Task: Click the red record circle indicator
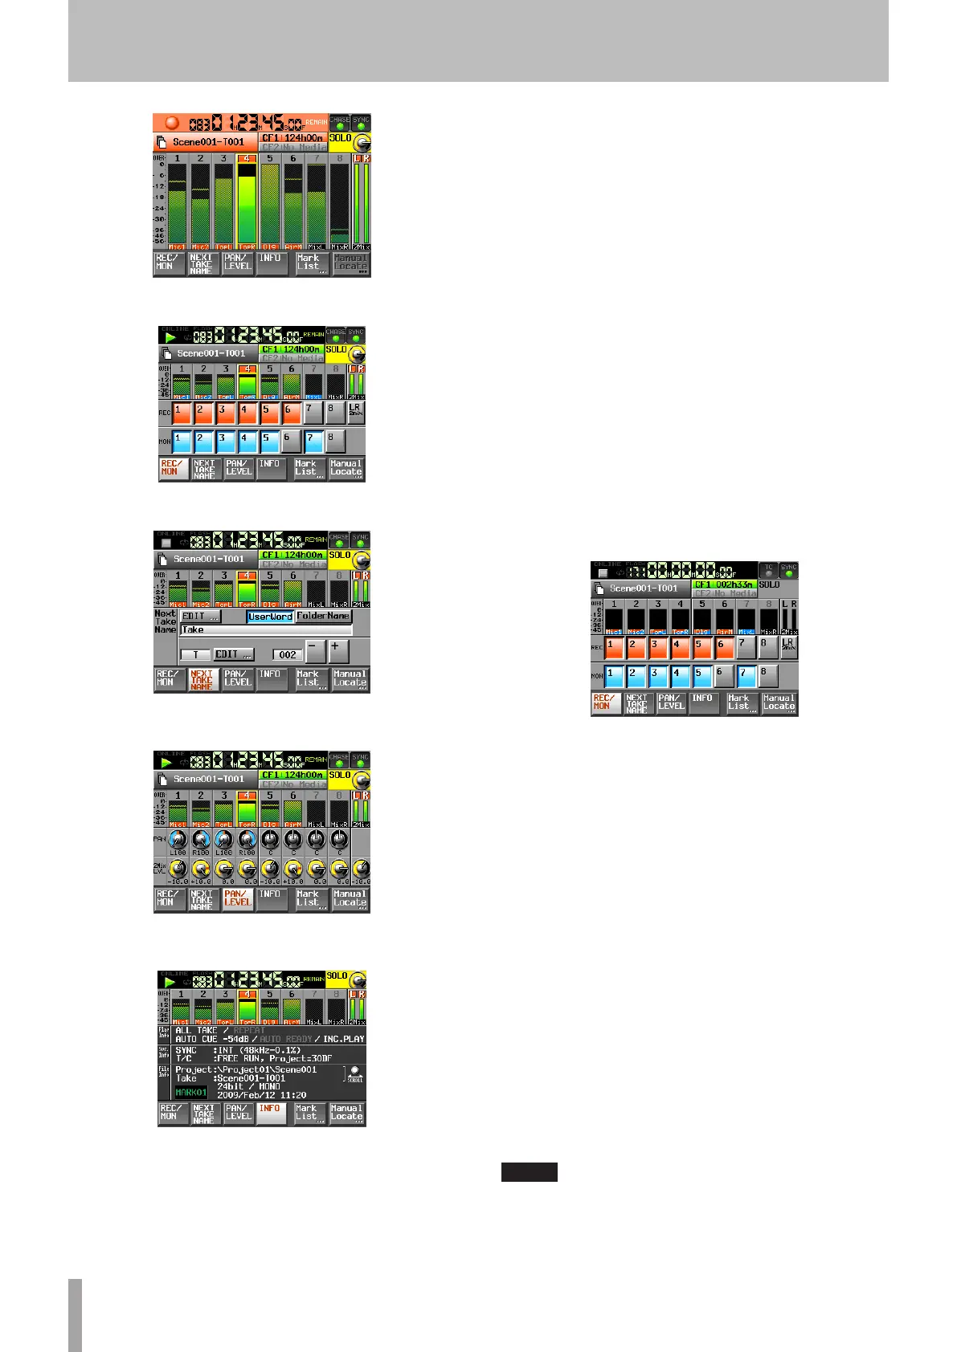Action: coord(171,123)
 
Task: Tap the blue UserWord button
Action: coord(270,617)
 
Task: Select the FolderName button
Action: coord(323,616)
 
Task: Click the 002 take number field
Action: coord(287,654)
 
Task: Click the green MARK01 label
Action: coord(190,1093)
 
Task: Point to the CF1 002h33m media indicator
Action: coord(722,584)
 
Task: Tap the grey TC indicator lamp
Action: coord(768,571)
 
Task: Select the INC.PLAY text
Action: coord(343,1039)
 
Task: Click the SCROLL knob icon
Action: coord(354,1073)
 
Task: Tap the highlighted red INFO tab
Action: coord(271,1113)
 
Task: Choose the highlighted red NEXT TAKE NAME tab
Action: coord(202,680)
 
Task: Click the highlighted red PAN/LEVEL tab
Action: coord(238,898)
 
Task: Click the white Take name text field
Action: coord(265,630)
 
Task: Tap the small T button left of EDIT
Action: coord(195,654)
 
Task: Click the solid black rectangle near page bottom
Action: coord(529,1172)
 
